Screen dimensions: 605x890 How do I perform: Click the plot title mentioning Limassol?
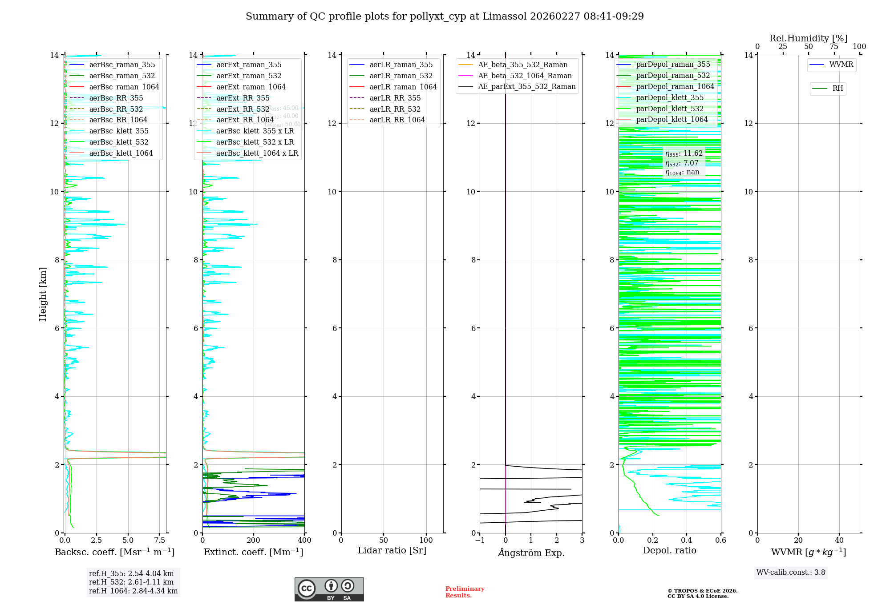pos(445,16)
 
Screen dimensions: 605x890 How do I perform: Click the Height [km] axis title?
pos(43,294)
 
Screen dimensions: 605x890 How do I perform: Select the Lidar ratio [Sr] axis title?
pos(392,550)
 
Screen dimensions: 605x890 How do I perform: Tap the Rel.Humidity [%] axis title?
pos(808,38)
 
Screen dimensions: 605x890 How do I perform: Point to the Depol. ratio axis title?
pos(669,550)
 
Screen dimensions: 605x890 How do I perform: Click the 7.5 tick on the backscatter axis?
pos(159,540)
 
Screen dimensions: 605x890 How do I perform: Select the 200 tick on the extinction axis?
pos(254,540)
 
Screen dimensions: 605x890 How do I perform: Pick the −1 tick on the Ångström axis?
pos(480,540)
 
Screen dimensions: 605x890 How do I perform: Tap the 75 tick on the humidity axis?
pos(833,47)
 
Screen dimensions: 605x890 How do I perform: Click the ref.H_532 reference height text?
pos(131,582)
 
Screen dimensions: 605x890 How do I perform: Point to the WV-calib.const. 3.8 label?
pos(791,573)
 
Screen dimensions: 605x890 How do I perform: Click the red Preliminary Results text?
pos(465,592)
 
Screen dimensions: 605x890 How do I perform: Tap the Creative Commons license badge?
pos(329,589)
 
